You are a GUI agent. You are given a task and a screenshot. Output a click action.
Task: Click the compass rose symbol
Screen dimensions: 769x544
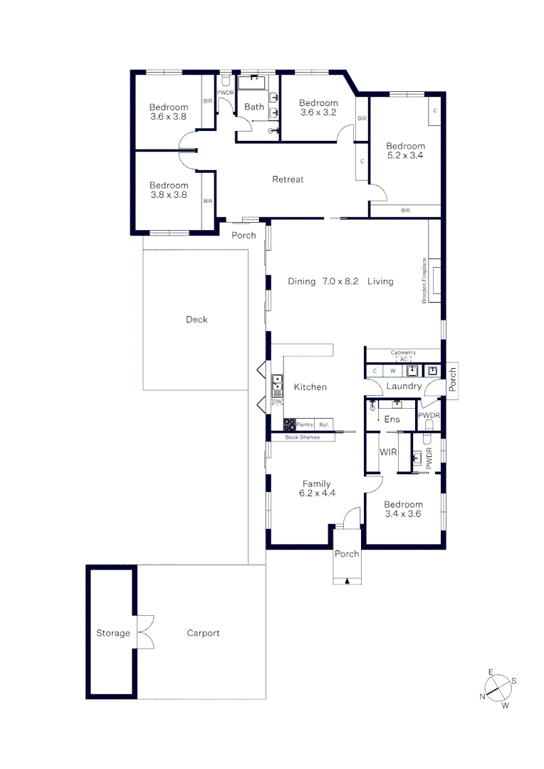[499, 688]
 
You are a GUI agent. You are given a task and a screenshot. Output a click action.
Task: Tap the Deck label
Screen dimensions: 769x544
[197, 320]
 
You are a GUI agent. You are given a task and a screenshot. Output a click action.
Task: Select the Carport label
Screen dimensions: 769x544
[203, 633]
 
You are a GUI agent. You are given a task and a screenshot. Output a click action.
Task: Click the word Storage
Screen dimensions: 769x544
[113, 633]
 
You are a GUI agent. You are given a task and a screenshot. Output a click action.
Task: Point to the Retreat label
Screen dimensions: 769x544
[288, 179]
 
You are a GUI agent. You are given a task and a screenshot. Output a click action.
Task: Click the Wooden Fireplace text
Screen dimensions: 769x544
[424, 281]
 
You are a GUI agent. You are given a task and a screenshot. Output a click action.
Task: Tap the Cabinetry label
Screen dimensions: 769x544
[403, 352]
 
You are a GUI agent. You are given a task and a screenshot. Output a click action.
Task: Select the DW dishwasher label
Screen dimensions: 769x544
[277, 402]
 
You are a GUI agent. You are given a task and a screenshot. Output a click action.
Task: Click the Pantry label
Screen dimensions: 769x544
[305, 424]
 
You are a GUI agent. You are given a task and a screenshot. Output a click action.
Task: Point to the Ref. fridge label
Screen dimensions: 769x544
[324, 424]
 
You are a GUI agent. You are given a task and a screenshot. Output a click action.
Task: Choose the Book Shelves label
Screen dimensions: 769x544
[302, 437]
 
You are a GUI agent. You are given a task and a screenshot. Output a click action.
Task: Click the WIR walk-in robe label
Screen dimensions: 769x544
[388, 452]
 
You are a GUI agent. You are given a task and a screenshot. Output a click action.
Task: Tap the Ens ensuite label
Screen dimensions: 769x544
[392, 419]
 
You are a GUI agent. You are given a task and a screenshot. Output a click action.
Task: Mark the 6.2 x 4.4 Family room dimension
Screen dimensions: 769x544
[316, 493]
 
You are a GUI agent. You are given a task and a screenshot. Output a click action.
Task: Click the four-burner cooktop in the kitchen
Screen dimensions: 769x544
[290, 424]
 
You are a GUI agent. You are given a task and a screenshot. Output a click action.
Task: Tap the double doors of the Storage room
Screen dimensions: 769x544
[145, 632]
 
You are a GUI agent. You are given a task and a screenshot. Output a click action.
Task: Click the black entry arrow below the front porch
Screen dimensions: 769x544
[347, 582]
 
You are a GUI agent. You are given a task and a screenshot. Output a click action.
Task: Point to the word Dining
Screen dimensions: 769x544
[301, 281]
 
